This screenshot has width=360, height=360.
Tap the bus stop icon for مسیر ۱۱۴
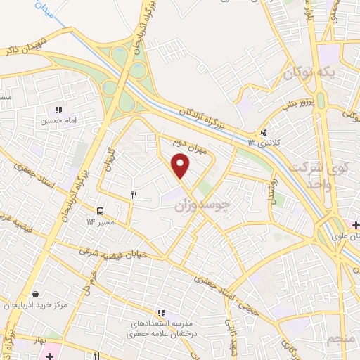(x=101, y=210)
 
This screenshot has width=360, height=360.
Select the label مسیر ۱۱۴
(x=101, y=222)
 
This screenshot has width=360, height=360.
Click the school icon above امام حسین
(x=58, y=110)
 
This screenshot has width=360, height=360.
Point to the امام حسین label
(x=59, y=121)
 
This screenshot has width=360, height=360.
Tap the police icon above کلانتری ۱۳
(x=264, y=131)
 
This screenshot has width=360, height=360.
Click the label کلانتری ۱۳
(x=264, y=143)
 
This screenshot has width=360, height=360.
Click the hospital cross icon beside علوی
(x=356, y=225)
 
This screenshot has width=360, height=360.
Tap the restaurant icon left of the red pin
(x=134, y=195)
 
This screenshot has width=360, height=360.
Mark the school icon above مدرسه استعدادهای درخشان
(x=161, y=313)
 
